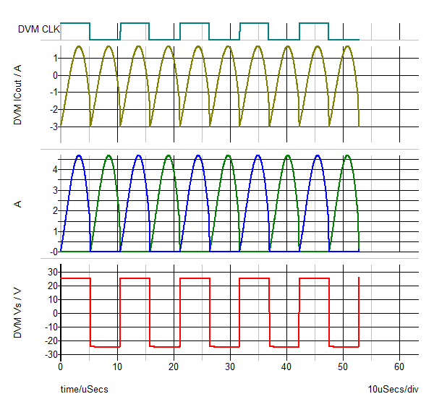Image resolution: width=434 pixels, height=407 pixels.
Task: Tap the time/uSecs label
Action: (x=84, y=390)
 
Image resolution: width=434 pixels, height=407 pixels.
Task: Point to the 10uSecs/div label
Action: (x=393, y=390)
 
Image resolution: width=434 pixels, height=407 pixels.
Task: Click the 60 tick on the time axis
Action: (x=399, y=367)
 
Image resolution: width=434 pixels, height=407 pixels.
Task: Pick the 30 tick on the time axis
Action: (x=230, y=367)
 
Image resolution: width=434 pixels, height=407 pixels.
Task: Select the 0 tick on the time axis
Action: (x=61, y=367)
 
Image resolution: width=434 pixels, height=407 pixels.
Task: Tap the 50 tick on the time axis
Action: (x=343, y=367)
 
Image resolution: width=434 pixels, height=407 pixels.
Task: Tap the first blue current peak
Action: (x=79, y=155)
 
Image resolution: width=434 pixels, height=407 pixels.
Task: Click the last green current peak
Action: (x=348, y=155)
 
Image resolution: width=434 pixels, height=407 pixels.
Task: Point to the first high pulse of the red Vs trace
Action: (x=75, y=278)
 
